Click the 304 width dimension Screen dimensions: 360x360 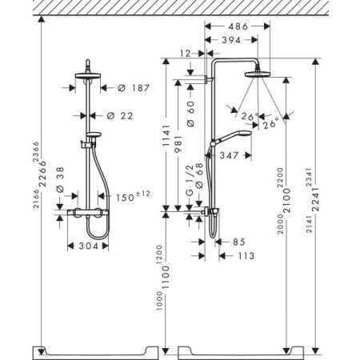point(89,248)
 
